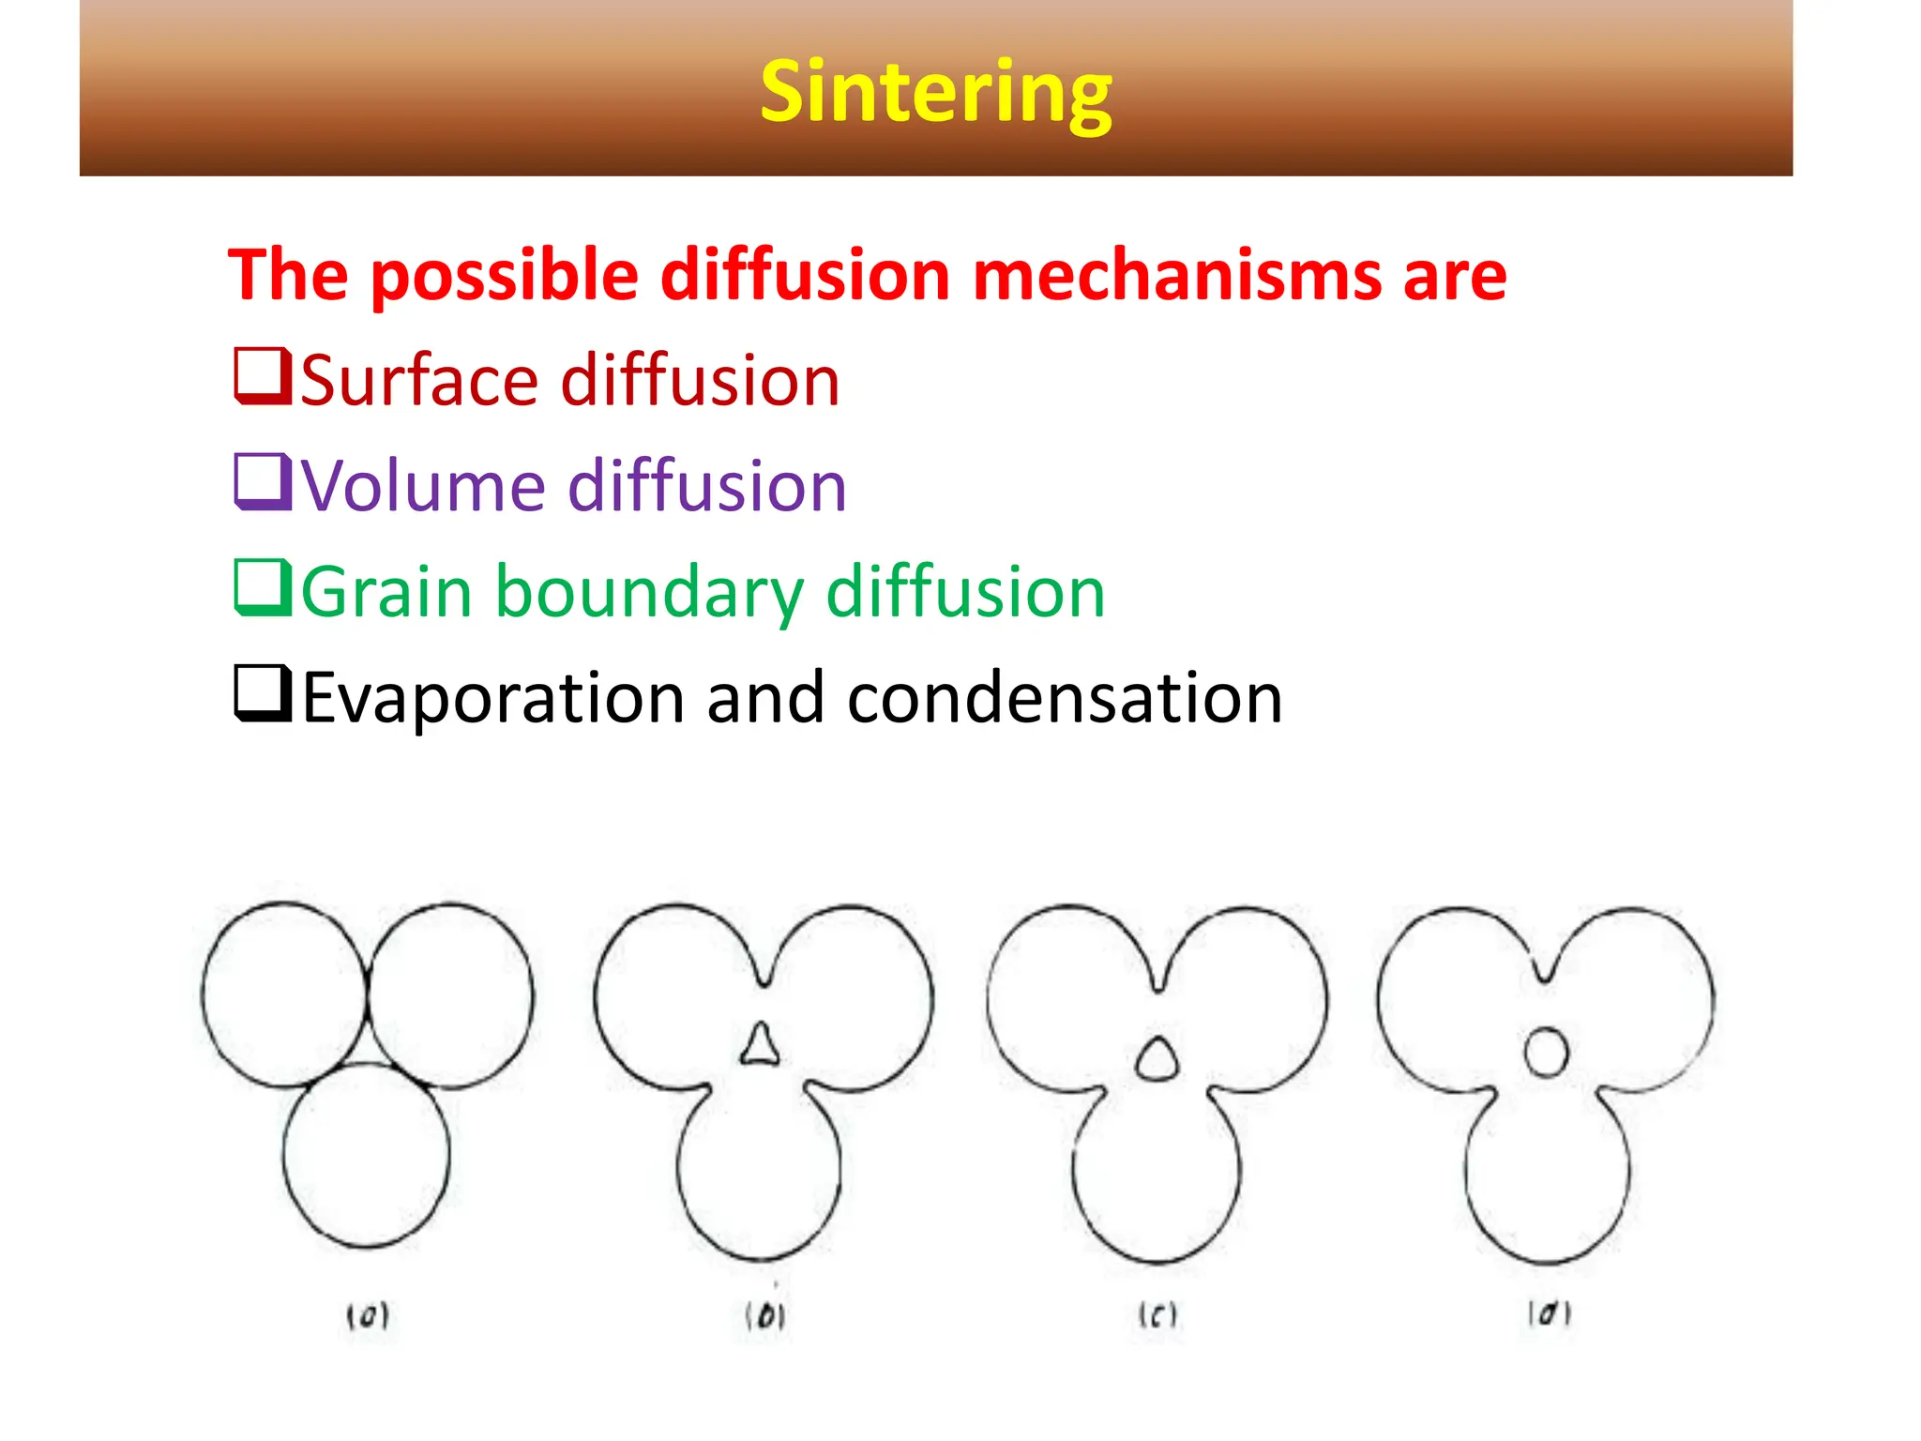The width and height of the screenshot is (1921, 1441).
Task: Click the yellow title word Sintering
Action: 935,92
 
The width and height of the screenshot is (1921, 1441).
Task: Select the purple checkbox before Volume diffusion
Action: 261,482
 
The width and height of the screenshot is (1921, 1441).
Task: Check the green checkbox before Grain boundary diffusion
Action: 261,588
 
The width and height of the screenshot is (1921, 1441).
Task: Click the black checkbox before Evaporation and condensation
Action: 261,694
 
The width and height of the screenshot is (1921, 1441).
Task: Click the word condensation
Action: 1064,699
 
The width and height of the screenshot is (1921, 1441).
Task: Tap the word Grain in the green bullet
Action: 386,593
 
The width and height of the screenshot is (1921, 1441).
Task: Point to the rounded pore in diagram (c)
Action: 1157,1059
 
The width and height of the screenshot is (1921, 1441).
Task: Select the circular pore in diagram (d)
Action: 1546,1052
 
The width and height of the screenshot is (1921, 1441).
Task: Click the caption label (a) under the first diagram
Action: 368,1317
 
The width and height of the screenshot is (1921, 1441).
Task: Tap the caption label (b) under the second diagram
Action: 765,1316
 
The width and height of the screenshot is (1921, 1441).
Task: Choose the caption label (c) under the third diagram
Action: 1157,1315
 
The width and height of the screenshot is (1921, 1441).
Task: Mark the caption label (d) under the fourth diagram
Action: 1550,1313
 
